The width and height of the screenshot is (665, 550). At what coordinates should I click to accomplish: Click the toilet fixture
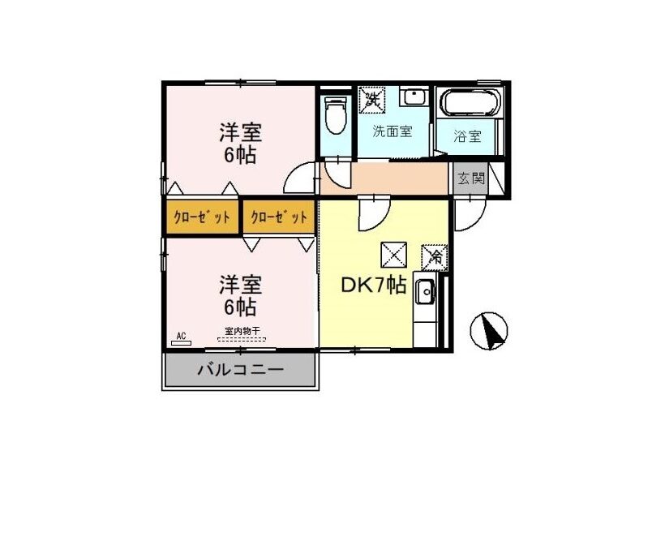tap(336, 114)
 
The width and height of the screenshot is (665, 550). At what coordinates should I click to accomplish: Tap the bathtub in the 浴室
tap(470, 102)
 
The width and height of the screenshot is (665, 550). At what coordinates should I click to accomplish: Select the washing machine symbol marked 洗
tap(372, 100)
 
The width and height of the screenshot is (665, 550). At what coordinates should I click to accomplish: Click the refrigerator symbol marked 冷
tap(435, 257)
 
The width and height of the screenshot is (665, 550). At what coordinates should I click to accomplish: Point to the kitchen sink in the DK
tap(425, 292)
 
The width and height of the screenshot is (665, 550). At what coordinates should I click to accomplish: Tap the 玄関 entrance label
tap(470, 178)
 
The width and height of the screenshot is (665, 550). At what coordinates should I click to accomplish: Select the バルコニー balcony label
tap(241, 370)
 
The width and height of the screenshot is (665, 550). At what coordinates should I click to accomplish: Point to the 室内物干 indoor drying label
tap(242, 331)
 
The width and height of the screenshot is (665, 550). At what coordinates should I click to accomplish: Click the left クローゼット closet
tap(202, 217)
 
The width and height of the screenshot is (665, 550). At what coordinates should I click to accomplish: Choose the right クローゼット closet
tap(279, 217)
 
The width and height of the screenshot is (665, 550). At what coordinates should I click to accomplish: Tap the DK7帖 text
tap(374, 286)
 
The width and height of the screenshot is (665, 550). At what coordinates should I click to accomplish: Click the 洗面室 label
tap(393, 131)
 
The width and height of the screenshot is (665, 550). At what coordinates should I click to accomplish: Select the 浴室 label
tap(468, 136)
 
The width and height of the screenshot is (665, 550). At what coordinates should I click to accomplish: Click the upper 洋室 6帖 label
tap(240, 144)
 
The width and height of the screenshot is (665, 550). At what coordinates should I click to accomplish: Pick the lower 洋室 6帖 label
tap(240, 296)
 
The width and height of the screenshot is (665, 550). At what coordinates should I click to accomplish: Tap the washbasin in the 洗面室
tap(414, 97)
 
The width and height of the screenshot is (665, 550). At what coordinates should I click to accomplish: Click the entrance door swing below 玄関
tap(469, 214)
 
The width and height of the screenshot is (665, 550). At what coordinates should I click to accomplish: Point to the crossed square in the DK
tap(393, 255)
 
